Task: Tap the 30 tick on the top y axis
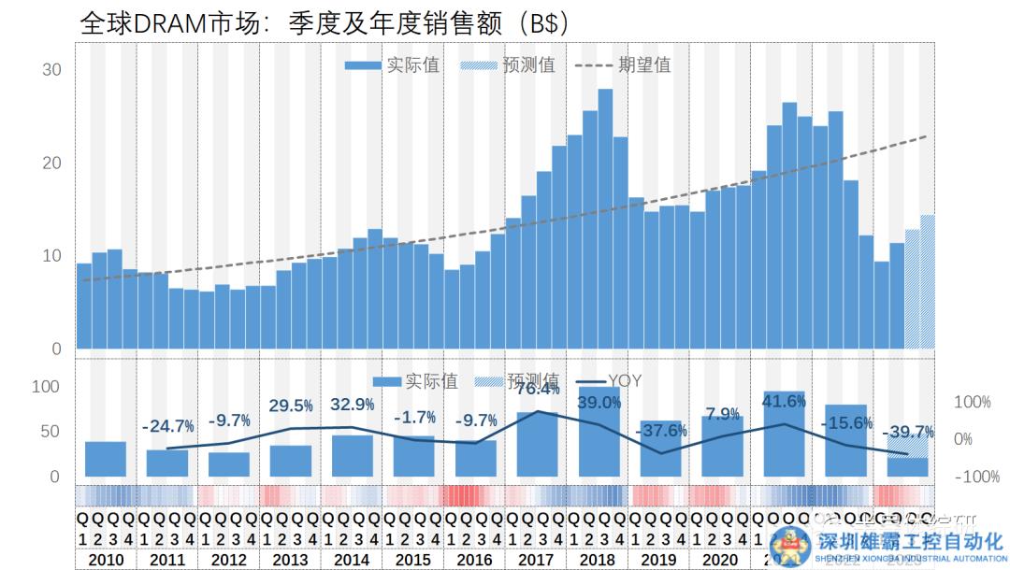coord(52,70)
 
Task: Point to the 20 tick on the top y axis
coord(52,163)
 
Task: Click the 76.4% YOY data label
coord(530,389)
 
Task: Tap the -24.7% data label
coord(168,426)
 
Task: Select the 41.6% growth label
coord(785,402)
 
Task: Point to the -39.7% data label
coord(908,432)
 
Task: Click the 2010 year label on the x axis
coord(106,560)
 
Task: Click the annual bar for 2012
coord(229,464)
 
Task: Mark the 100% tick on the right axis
coord(972,402)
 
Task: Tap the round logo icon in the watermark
coord(790,546)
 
